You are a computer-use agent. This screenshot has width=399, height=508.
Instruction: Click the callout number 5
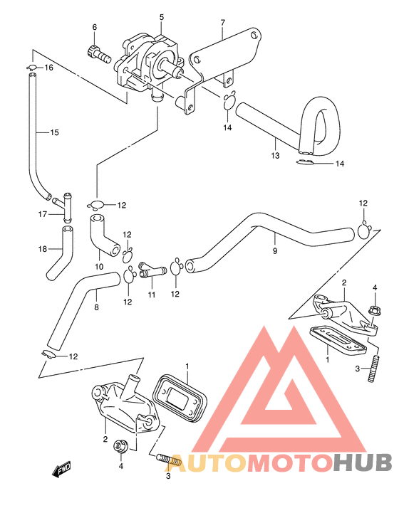click(162, 16)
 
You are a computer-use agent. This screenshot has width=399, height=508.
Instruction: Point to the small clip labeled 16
click(33, 68)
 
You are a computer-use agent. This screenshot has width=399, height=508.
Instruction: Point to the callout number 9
click(275, 250)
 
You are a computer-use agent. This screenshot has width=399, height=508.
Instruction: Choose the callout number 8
click(96, 307)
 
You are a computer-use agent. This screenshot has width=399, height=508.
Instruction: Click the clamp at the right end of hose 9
click(364, 228)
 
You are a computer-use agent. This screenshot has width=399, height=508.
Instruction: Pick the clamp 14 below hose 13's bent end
click(304, 164)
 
